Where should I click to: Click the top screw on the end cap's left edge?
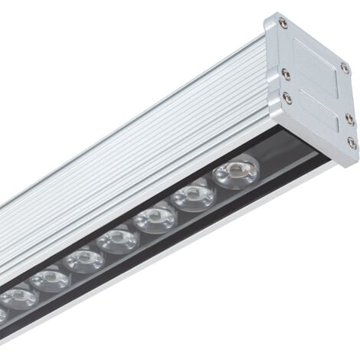pos(283,24)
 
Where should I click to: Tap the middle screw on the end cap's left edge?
pos(285,74)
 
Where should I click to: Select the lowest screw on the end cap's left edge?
pos(287,97)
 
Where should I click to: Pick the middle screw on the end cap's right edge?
pos(349,117)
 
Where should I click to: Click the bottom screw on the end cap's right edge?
pos(351,142)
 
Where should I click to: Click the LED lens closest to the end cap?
pos(236,172)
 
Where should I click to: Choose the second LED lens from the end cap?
pos(193,197)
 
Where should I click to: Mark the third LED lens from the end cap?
pos(155,220)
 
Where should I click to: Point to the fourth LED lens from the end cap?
pos(118,241)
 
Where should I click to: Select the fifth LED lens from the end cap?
pos(83,260)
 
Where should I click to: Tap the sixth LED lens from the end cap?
pos(50,279)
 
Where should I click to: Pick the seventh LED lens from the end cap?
pos(18,296)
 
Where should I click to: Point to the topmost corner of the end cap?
pos(270,13)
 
